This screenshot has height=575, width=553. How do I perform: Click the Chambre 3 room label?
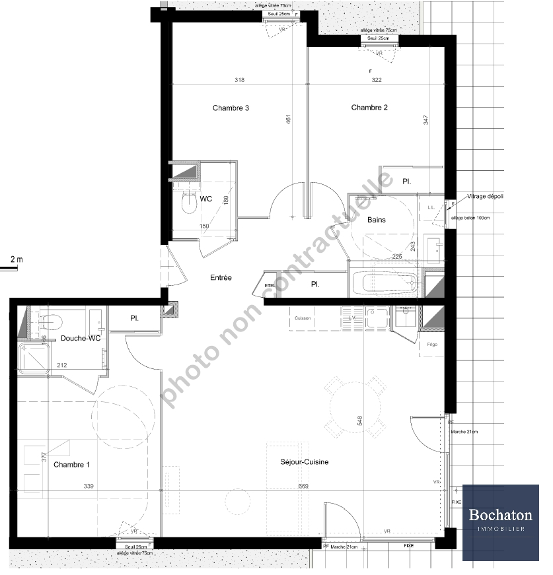click(x=231, y=108)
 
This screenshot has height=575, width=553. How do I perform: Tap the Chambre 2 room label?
click(x=369, y=108)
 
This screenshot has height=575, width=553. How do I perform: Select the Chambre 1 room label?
click(x=71, y=465)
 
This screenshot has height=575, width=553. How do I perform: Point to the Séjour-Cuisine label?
click(x=305, y=462)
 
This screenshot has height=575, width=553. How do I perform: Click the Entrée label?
click(x=221, y=278)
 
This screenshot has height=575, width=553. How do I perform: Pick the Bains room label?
click(x=377, y=220)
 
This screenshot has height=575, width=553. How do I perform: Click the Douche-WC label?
click(x=80, y=339)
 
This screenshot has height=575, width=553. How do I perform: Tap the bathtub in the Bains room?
click(x=385, y=285)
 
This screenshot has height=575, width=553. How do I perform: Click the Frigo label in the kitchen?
click(x=432, y=345)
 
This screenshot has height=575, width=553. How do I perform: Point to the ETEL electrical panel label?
click(x=269, y=285)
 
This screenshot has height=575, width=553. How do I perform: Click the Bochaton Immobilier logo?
click(x=500, y=522)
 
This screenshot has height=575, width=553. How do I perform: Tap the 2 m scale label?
click(x=17, y=259)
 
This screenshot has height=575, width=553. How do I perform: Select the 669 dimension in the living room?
click(x=303, y=487)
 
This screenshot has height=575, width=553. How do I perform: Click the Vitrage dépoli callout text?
click(x=486, y=196)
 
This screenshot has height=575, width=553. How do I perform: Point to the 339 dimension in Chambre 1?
click(x=88, y=487)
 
